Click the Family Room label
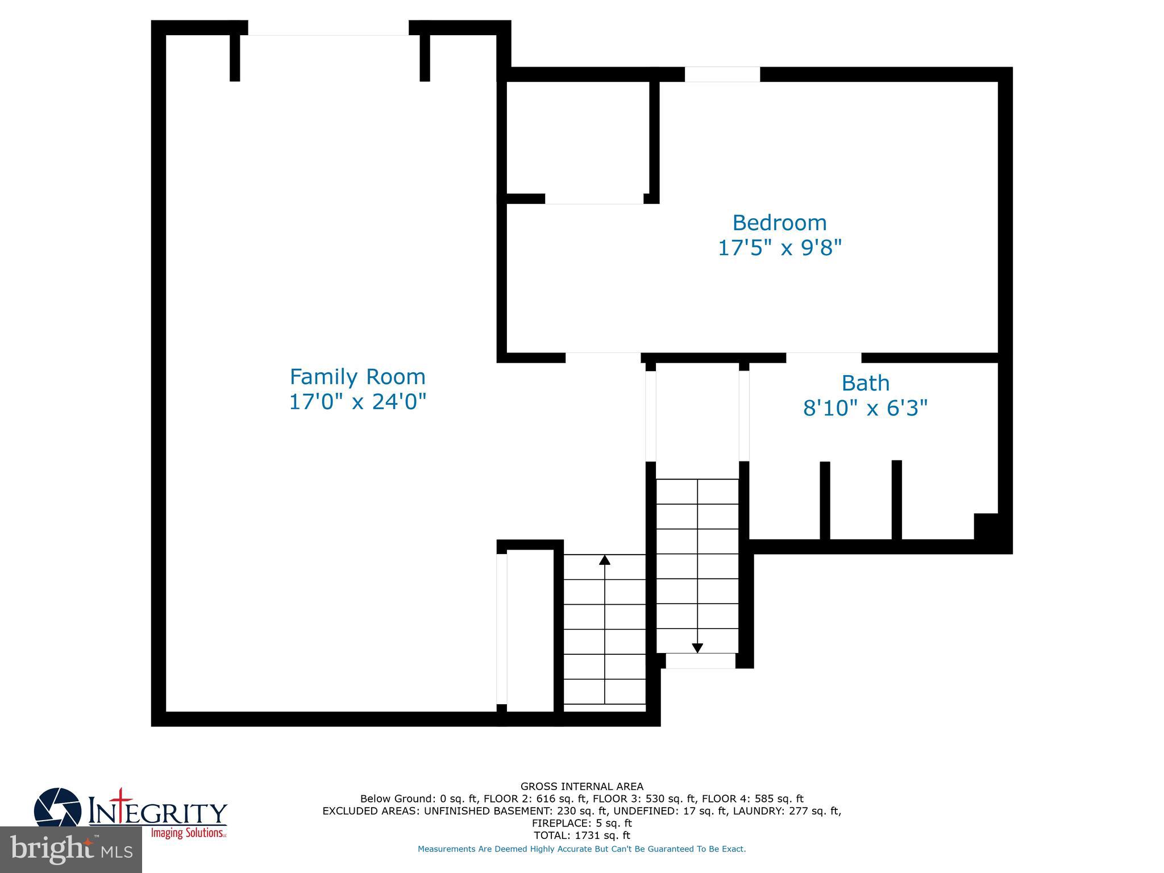pyautogui.click(x=357, y=377)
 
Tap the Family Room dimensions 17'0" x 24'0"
pyautogui.click(x=357, y=402)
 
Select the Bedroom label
pyautogui.click(x=779, y=222)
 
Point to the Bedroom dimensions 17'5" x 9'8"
pyautogui.click(x=779, y=248)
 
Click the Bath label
pyautogui.click(x=865, y=383)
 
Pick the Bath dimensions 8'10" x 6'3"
pyautogui.click(x=865, y=408)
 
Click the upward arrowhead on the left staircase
pyautogui.click(x=605, y=560)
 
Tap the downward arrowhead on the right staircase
pyautogui.click(x=697, y=648)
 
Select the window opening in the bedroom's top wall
pyautogui.click(x=722, y=74)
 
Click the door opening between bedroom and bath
pyautogui.click(x=824, y=357)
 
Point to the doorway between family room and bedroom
pyautogui.click(x=603, y=357)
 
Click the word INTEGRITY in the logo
pyautogui.click(x=158, y=812)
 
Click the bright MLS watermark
pyautogui.click(x=71, y=850)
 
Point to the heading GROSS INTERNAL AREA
pyautogui.click(x=582, y=787)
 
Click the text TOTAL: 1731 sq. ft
pyautogui.click(x=582, y=835)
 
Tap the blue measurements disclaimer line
pyautogui.click(x=582, y=849)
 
